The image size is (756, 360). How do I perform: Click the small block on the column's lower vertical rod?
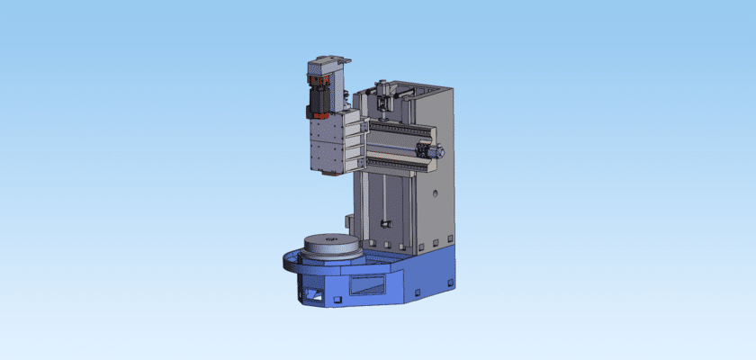pos(385,222)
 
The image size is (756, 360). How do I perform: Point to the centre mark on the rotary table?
pos(330,238)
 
